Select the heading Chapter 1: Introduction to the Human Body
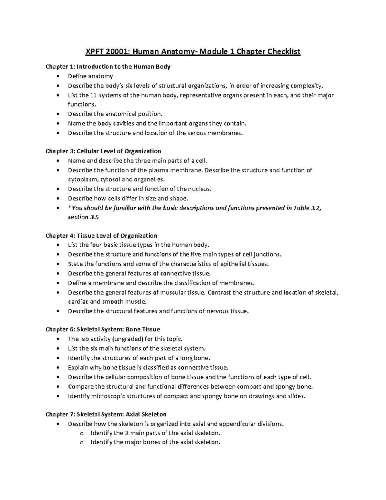(108, 67)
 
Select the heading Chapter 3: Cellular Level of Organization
(103, 151)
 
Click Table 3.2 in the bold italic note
(307, 208)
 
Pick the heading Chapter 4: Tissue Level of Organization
(101, 236)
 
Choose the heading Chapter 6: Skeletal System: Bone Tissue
(103, 329)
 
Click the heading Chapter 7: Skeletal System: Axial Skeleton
(106, 414)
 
